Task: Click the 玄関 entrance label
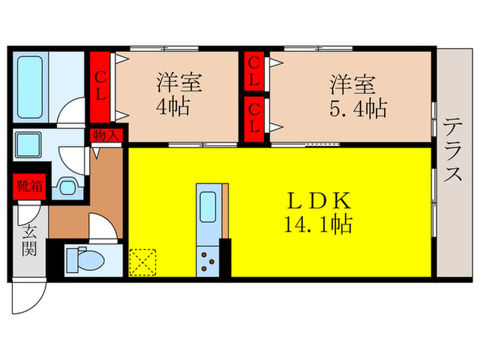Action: click(x=27, y=240)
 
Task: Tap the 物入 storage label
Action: click(x=106, y=136)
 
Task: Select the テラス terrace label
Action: click(x=453, y=159)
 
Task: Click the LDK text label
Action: click(x=319, y=200)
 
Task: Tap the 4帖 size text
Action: click(x=175, y=108)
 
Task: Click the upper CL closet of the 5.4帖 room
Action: click(x=254, y=71)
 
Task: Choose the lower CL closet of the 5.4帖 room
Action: click(x=254, y=117)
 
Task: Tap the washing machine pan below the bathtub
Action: click(x=31, y=145)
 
